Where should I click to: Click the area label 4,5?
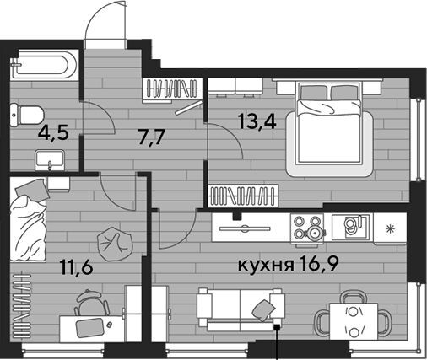[53, 133]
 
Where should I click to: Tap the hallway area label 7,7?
[151, 137]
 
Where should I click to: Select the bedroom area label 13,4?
[257, 121]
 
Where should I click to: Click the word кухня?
[266, 266]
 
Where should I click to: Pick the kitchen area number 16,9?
[319, 265]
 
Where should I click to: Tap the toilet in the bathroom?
[27, 115]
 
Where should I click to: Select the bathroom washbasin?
[50, 160]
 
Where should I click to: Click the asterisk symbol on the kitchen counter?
[390, 229]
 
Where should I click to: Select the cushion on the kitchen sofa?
[264, 310]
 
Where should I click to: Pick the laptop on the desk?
[90, 328]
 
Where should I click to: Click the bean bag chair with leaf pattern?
[115, 244]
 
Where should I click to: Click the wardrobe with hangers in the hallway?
[172, 90]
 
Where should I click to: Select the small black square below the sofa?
[278, 327]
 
